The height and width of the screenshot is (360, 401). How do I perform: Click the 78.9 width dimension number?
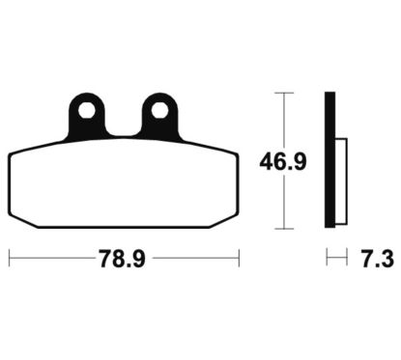[122, 259]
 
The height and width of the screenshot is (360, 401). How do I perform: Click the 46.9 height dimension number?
[283, 162]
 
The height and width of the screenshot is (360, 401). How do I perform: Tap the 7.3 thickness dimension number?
[377, 259]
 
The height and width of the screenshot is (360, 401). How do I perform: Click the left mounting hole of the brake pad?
[87, 111]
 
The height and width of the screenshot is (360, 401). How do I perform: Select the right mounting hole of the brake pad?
[160, 111]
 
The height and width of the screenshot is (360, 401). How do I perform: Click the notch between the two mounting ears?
[124, 134]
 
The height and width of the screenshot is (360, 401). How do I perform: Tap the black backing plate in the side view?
[329, 160]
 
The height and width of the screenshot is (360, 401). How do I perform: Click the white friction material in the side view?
[341, 181]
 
